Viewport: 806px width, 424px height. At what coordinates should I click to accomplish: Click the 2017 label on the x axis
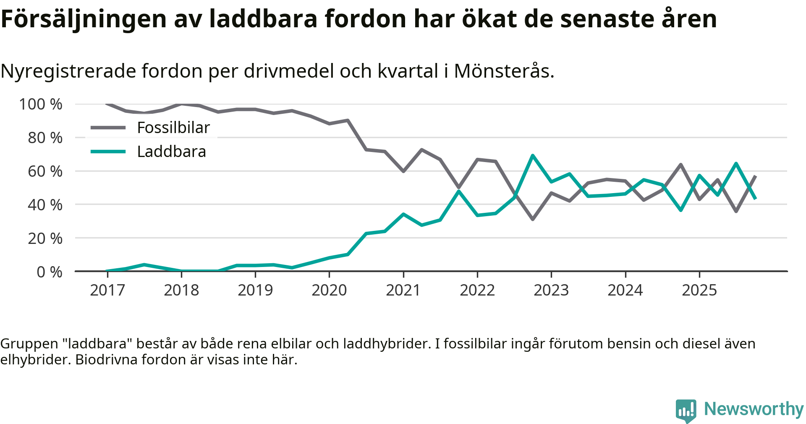107,290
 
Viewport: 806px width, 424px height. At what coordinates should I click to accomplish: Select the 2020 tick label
329,290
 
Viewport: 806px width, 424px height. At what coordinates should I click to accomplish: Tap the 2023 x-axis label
551,290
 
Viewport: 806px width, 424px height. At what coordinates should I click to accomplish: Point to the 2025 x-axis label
699,290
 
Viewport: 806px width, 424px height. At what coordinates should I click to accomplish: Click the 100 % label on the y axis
41,104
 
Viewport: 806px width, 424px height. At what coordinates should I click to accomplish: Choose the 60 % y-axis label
45,171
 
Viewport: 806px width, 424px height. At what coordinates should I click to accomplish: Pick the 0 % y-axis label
50,272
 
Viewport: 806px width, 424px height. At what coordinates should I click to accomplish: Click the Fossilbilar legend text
173,128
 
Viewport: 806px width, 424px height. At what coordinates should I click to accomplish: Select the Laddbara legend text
172,152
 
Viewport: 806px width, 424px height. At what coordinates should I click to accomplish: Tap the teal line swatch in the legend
108,152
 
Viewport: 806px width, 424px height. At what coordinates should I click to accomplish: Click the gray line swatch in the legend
108,128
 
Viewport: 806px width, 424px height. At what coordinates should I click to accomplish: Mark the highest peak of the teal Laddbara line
533,156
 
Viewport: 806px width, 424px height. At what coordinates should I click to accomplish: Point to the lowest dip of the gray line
533,219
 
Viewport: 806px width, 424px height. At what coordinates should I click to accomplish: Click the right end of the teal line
755,198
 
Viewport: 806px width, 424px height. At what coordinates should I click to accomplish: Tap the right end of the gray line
755,176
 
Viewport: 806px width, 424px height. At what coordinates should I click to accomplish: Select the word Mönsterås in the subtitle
504,71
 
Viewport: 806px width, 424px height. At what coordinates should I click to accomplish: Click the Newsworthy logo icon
686,410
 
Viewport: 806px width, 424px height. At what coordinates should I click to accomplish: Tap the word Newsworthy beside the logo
754,409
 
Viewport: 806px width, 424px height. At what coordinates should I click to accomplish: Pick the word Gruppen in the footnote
29,344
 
